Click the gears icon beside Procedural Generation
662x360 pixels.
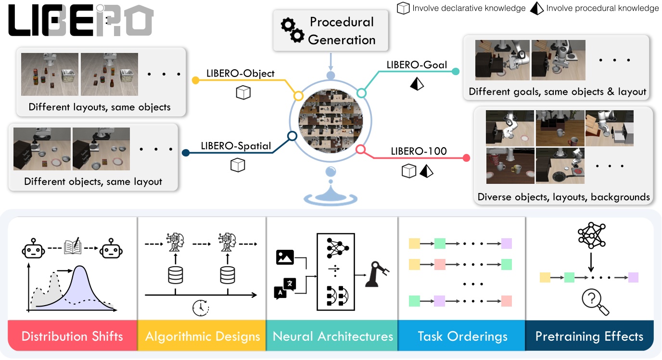pyautogui.click(x=293, y=30)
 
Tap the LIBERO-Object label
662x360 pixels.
pyautogui.click(x=240, y=73)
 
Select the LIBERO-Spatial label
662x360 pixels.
pyautogui.click(x=236, y=146)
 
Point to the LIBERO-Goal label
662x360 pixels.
pyautogui.click(x=417, y=64)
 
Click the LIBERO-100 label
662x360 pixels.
pyautogui.click(x=419, y=151)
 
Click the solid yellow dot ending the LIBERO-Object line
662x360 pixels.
pyautogui.click(x=196, y=80)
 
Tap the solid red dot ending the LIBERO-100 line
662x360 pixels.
pyautogui.click(x=466, y=158)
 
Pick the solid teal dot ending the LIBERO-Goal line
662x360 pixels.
pyautogui.click(x=456, y=71)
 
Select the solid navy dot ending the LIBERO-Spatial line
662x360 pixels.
pyautogui.click(x=186, y=153)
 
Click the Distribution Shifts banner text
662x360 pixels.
pyautogui.click(x=72, y=336)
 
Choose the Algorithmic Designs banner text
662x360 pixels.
pyautogui.click(x=203, y=336)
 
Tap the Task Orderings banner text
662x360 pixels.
pyautogui.click(x=462, y=336)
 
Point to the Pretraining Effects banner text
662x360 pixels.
pyautogui.click(x=589, y=336)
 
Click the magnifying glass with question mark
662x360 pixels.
pyautogui.click(x=595, y=301)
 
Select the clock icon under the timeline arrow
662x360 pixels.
pyautogui.click(x=201, y=308)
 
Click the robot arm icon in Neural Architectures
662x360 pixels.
pyautogui.click(x=377, y=274)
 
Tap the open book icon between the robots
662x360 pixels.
pyautogui.click(x=73, y=246)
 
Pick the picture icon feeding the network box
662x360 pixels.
pyautogui.click(x=285, y=257)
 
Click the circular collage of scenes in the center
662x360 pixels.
pyautogui.click(x=331, y=121)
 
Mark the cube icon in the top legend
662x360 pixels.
pyautogui.click(x=403, y=8)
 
